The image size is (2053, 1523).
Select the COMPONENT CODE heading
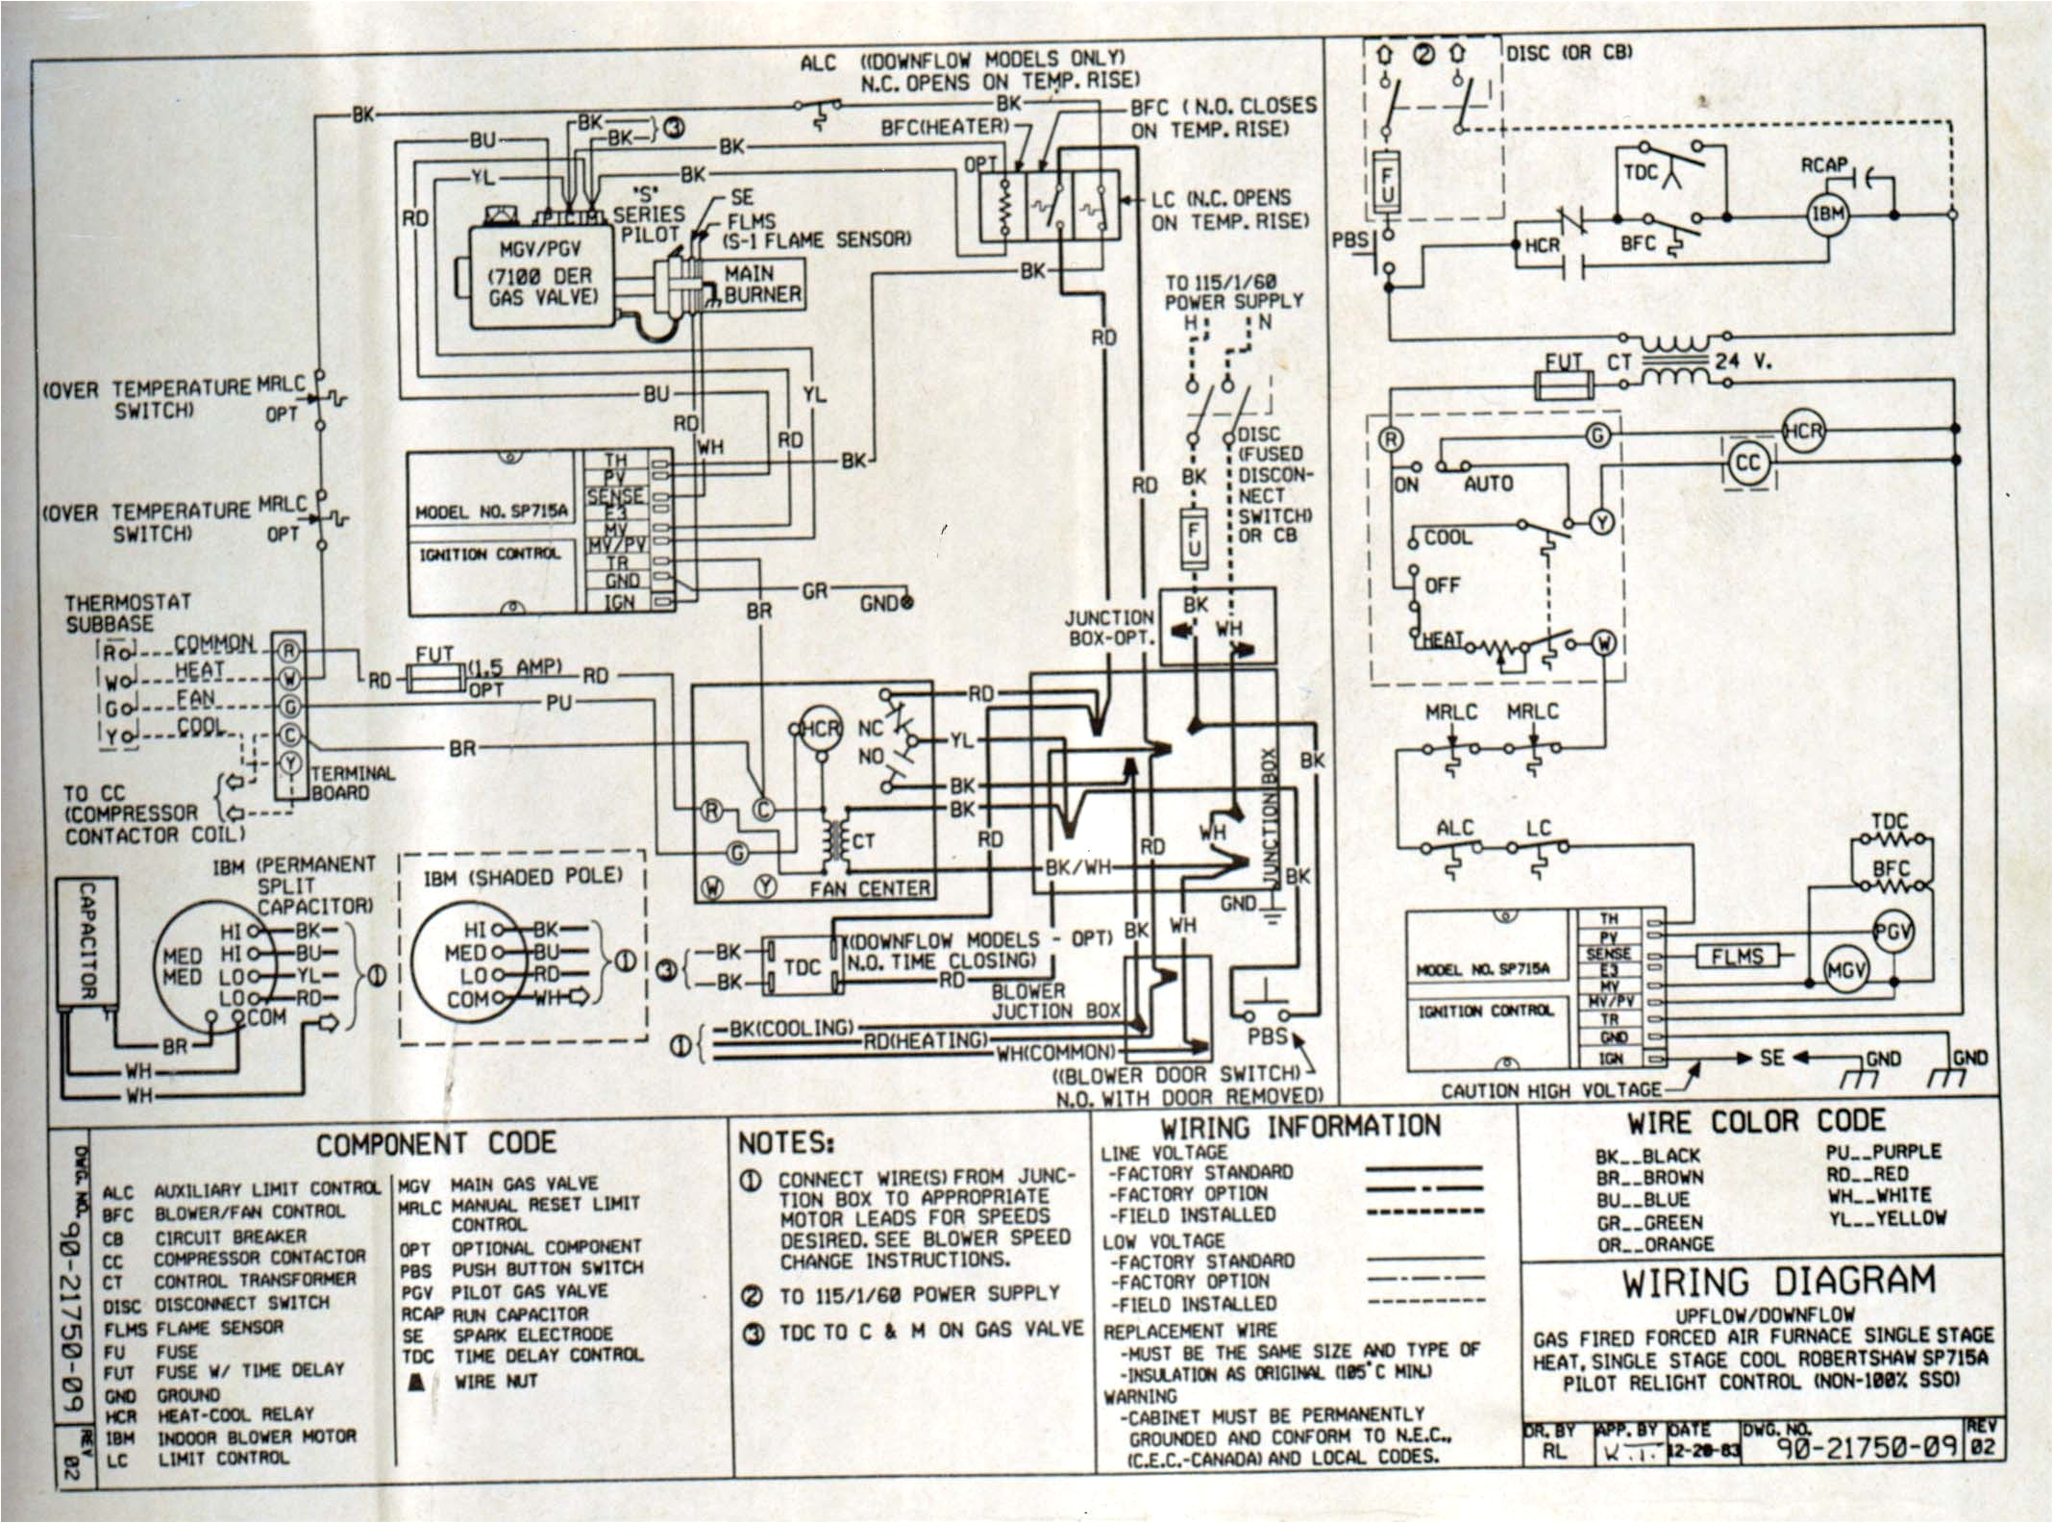(436, 1144)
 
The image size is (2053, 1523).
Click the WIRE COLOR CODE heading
(1755, 1122)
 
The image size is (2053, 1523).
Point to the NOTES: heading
(786, 1143)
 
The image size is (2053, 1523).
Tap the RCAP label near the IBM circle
(1824, 166)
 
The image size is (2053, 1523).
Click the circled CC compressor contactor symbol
(1746, 463)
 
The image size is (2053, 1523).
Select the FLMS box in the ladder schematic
(1737, 957)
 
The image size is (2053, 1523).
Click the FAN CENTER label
(870, 889)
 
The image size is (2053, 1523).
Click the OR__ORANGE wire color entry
(1654, 1244)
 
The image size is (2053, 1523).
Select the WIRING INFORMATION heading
(1300, 1126)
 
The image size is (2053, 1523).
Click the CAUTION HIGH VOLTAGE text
(1550, 1090)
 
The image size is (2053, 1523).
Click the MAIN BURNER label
(762, 284)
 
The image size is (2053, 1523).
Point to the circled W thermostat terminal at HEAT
(1603, 642)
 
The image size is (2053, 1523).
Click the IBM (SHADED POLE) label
(523, 877)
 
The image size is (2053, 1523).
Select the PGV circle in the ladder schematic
(1893, 931)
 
